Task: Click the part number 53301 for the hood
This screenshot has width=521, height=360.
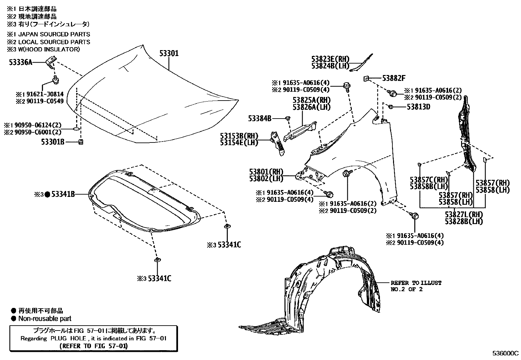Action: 169,53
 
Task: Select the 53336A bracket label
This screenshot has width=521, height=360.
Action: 21,62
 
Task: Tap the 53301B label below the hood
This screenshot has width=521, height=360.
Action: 52,142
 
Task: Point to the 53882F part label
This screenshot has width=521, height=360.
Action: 394,78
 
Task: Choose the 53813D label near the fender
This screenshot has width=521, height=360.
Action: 418,107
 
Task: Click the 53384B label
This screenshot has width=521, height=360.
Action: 260,118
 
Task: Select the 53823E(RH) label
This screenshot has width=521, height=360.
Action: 330,59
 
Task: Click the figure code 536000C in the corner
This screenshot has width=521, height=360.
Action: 506,353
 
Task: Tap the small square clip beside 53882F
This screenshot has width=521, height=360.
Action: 367,78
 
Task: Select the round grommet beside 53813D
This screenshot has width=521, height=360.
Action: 390,106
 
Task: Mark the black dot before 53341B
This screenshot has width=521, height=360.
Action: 47,195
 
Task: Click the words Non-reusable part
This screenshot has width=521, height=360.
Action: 45,318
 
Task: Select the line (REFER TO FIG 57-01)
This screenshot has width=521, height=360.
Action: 94,346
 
